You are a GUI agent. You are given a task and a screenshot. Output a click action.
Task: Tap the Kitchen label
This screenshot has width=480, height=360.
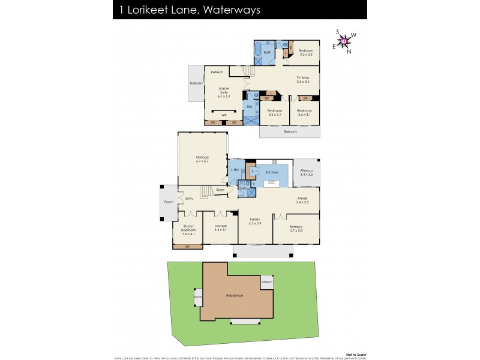(272, 172)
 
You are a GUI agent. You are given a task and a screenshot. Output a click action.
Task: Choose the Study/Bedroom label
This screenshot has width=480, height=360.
(188, 229)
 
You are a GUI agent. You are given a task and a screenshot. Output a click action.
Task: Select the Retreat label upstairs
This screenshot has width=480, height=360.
(217, 73)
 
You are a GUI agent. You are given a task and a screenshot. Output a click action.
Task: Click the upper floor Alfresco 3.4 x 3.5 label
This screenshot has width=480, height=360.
(306, 172)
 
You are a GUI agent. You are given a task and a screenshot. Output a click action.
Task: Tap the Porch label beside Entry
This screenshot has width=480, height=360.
(169, 202)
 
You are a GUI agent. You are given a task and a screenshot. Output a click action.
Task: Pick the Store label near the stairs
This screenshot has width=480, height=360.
(220, 190)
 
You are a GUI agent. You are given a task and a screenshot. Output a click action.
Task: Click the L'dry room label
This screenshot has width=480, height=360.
(235, 170)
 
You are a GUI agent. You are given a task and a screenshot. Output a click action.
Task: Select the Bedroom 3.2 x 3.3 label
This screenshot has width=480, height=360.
(306, 52)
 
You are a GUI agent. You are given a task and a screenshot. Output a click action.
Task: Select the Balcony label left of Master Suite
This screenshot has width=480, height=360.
(196, 83)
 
